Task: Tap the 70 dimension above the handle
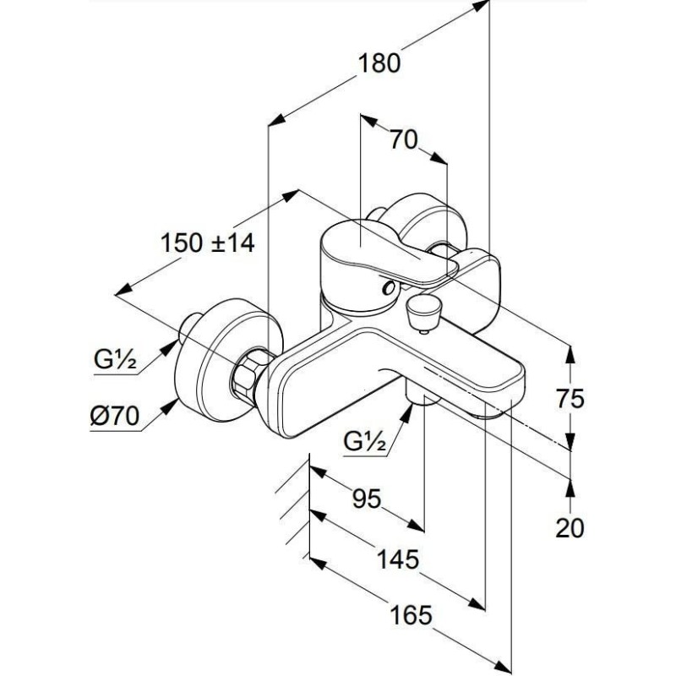tap(404, 141)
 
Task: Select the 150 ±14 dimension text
tap(207, 243)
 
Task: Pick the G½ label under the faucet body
tap(365, 439)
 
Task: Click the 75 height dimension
tap(571, 399)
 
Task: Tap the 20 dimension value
tap(571, 528)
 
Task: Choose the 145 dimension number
tap(398, 559)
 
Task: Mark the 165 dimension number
tap(412, 614)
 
